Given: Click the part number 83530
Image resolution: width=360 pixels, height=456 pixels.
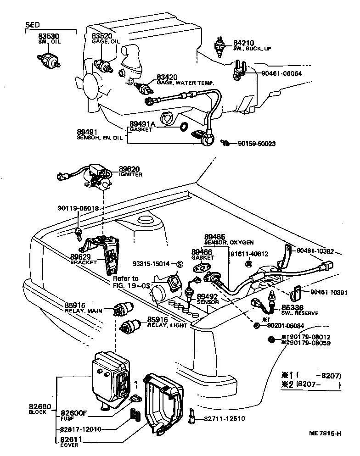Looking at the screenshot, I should pos(46,35).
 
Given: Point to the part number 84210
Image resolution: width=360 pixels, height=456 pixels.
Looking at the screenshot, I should pos(244,43).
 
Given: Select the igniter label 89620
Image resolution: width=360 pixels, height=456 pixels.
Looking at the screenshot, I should pos(129,169).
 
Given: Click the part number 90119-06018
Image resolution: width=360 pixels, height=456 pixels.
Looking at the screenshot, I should pos(76,208).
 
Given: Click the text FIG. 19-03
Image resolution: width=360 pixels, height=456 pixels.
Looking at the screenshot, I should pos(131,285).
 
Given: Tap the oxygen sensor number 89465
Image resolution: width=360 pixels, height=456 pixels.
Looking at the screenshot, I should pos(216,237).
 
